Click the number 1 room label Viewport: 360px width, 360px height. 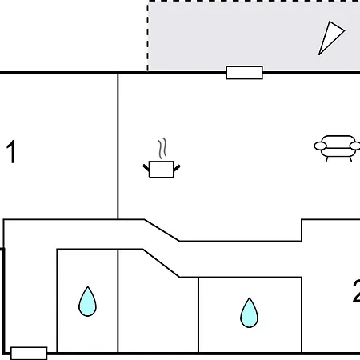(x=11, y=152)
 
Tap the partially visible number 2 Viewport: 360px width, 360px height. (x=356, y=291)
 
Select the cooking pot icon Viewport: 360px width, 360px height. (x=162, y=158)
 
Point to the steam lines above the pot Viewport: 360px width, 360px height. (x=162, y=148)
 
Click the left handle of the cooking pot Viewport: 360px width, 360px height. (x=146, y=168)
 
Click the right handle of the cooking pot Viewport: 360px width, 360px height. (x=177, y=168)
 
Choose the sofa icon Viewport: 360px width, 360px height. (x=337, y=149)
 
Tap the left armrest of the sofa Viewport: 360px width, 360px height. (x=320, y=146)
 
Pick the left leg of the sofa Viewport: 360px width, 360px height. (x=327, y=159)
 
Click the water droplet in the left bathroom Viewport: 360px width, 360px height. (x=87, y=302)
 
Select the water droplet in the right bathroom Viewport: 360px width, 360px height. (x=249, y=313)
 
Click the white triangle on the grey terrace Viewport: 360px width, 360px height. (x=330, y=38)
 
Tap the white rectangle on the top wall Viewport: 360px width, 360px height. (x=244, y=73)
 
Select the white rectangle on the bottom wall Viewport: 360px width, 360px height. (x=29, y=354)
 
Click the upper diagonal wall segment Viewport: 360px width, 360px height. (x=162, y=230)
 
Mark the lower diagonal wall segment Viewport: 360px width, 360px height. (x=161, y=263)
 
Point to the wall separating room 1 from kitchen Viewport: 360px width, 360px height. (x=118, y=146)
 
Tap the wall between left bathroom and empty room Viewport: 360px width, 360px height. (x=118, y=301)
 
